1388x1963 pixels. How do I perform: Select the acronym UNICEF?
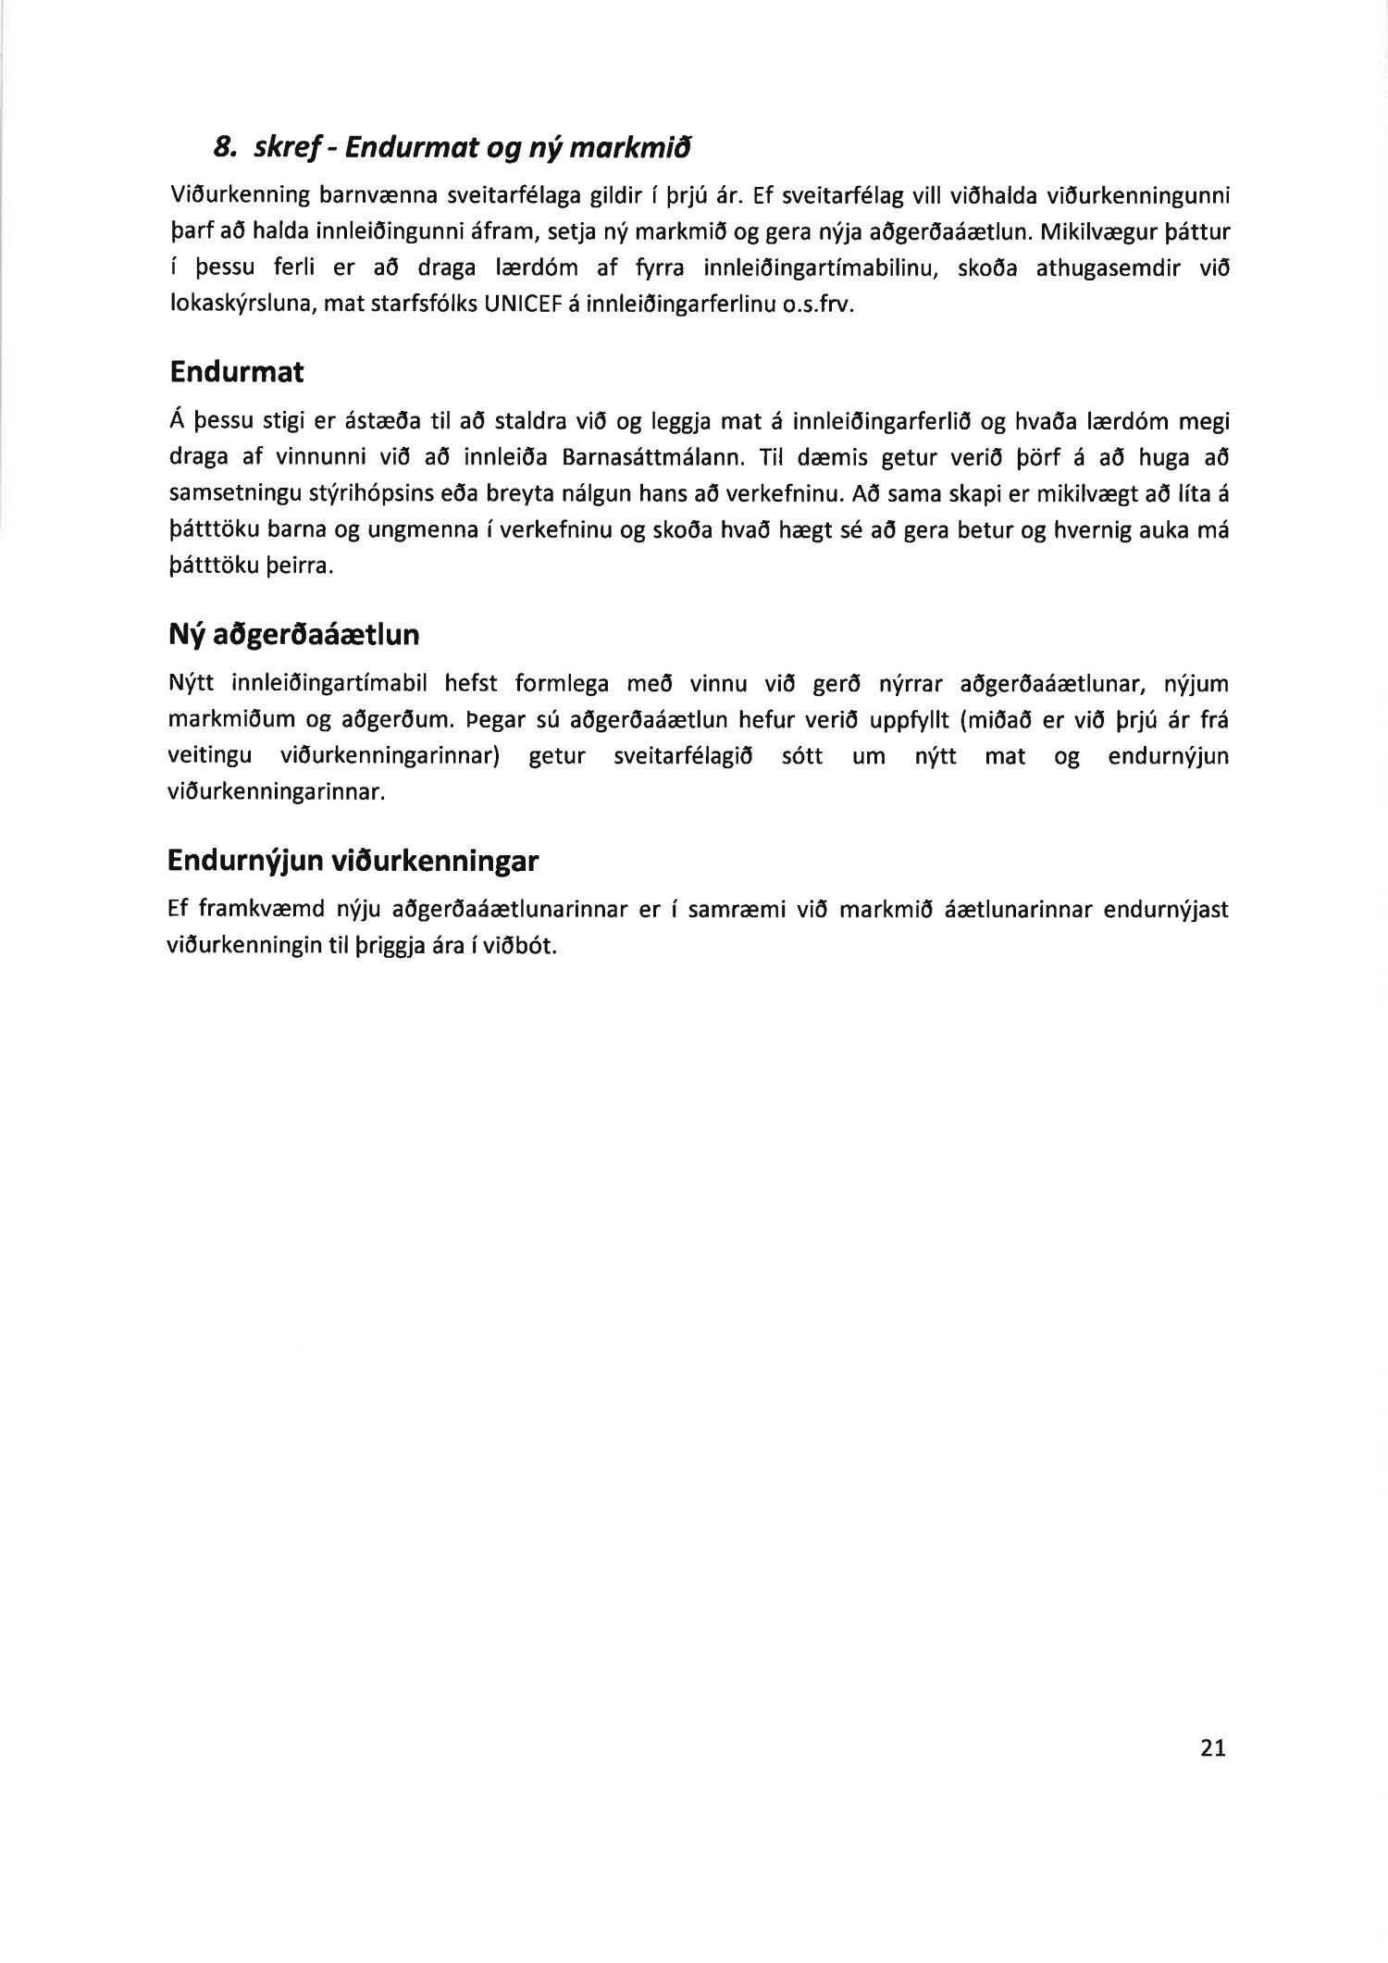[514, 305]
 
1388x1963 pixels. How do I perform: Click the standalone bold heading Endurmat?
[236, 372]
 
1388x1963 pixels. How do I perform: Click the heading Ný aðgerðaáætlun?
[293, 635]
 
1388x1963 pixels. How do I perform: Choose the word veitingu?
[210, 757]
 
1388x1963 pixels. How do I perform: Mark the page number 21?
[1212, 1747]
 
